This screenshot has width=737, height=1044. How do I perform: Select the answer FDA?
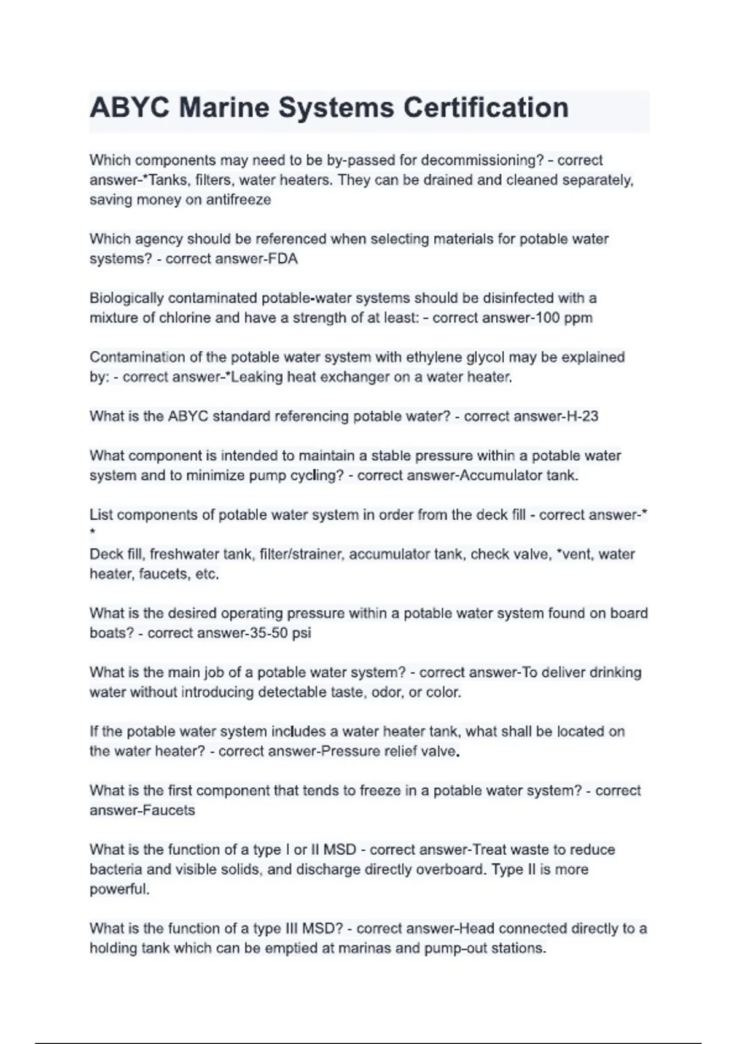coord(283,259)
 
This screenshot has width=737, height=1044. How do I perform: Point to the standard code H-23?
coord(582,416)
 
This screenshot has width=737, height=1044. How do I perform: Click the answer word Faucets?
coord(168,811)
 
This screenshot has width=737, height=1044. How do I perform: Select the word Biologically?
coord(127,298)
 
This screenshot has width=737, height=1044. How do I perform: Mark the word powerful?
coord(119,889)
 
